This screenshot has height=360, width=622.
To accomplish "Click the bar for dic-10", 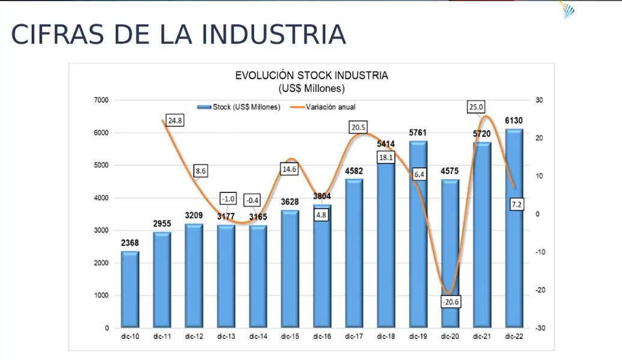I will pyautogui.click(x=130, y=289).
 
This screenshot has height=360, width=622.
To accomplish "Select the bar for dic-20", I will pyautogui.click(x=450, y=252).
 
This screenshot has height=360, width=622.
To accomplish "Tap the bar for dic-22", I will pyautogui.click(x=514, y=228).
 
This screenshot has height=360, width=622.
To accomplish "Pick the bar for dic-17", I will pyautogui.click(x=354, y=252).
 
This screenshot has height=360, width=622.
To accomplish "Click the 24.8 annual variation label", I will pyautogui.click(x=175, y=120).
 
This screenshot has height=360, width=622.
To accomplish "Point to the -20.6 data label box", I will pyautogui.click(x=450, y=302).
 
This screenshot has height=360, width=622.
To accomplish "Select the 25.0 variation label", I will pyautogui.click(x=477, y=107).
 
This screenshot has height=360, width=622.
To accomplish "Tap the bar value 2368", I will pyautogui.click(x=130, y=243).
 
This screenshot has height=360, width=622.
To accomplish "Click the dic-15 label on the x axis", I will pyautogui.click(x=290, y=337).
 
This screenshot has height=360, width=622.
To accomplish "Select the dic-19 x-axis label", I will pyautogui.click(x=418, y=337).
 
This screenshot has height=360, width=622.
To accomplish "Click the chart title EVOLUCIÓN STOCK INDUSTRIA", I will pyautogui.click(x=311, y=76).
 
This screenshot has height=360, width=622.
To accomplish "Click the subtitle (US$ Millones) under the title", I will pyautogui.click(x=311, y=88).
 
